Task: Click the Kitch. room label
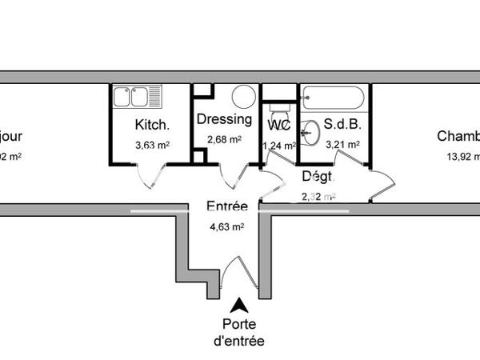tap(151, 125)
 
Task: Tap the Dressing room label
tap(224, 120)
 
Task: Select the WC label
tap(279, 125)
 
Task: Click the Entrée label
tap(227, 206)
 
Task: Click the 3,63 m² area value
tap(151, 145)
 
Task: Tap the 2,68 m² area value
tap(224, 140)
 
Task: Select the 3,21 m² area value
tap(342, 145)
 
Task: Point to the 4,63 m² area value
tap(227, 226)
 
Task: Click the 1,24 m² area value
tap(279, 146)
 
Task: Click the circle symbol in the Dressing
tap(242, 97)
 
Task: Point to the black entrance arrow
tap(238, 305)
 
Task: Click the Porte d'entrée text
tap(238, 333)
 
